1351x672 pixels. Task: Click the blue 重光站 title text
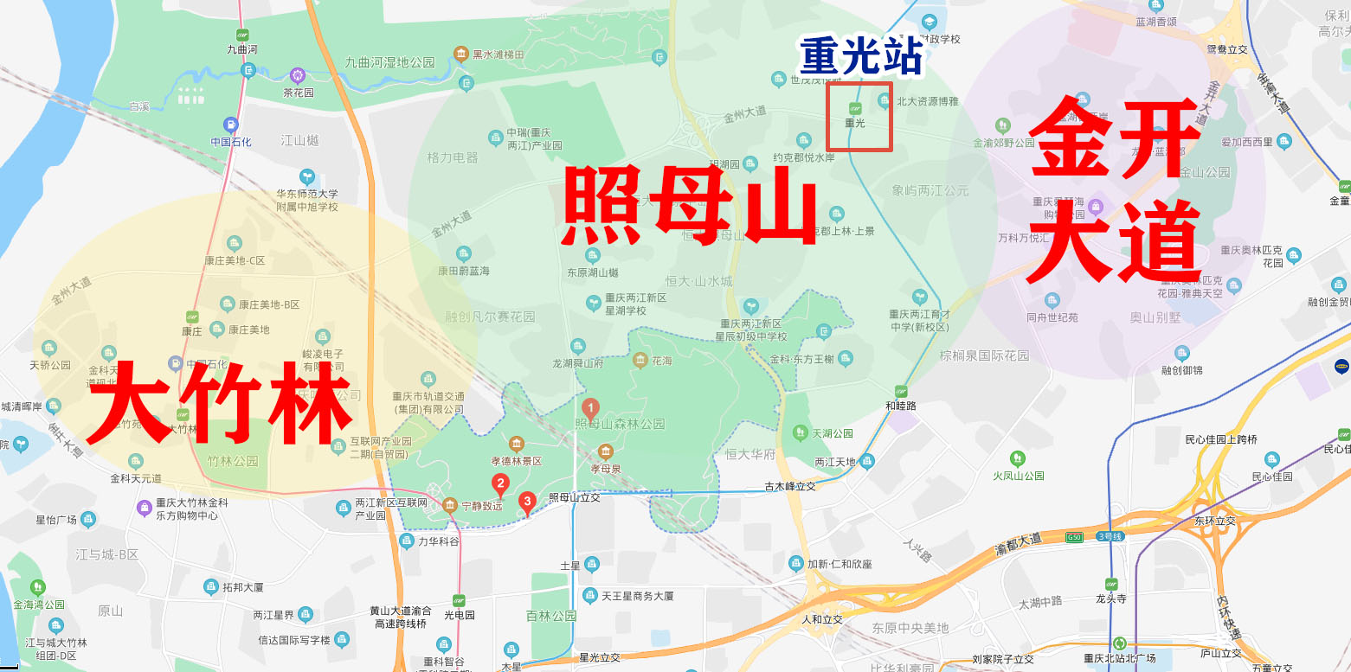(x=861, y=57)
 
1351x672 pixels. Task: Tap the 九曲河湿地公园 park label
(x=389, y=62)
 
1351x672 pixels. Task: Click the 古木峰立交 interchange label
(x=791, y=487)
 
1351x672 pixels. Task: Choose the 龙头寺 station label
(x=1110, y=597)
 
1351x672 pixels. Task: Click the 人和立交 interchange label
(x=821, y=619)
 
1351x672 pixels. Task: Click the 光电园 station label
(x=460, y=615)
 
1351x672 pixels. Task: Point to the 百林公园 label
(x=551, y=616)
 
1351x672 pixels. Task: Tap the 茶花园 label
(x=298, y=93)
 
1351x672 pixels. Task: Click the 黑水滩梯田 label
(x=498, y=54)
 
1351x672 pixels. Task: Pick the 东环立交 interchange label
(x=1215, y=521)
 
